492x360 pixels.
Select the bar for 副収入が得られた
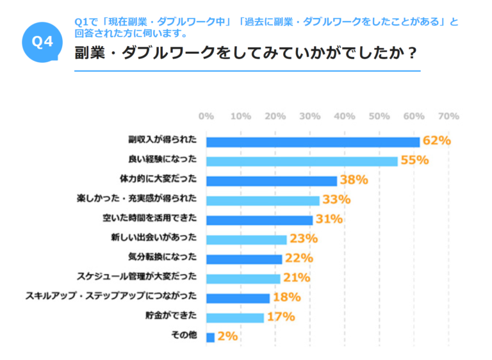pos(313,141)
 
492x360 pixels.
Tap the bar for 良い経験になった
pos(302,161)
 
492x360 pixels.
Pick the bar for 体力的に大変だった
pos(272,181)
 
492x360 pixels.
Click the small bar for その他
pos(211,337)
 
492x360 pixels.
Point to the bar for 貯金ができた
pos(235,317)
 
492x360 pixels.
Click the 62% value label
pos(437,141)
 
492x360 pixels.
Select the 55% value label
pos(414,161)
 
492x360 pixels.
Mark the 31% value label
pos(329,220)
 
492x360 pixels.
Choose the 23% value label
pos(304,239)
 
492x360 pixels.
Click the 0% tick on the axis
pos(206,116)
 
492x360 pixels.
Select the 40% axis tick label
pos(345,116)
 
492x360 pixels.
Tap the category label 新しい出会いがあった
pos(158,238)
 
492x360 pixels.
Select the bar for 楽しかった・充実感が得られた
pos(263,200)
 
